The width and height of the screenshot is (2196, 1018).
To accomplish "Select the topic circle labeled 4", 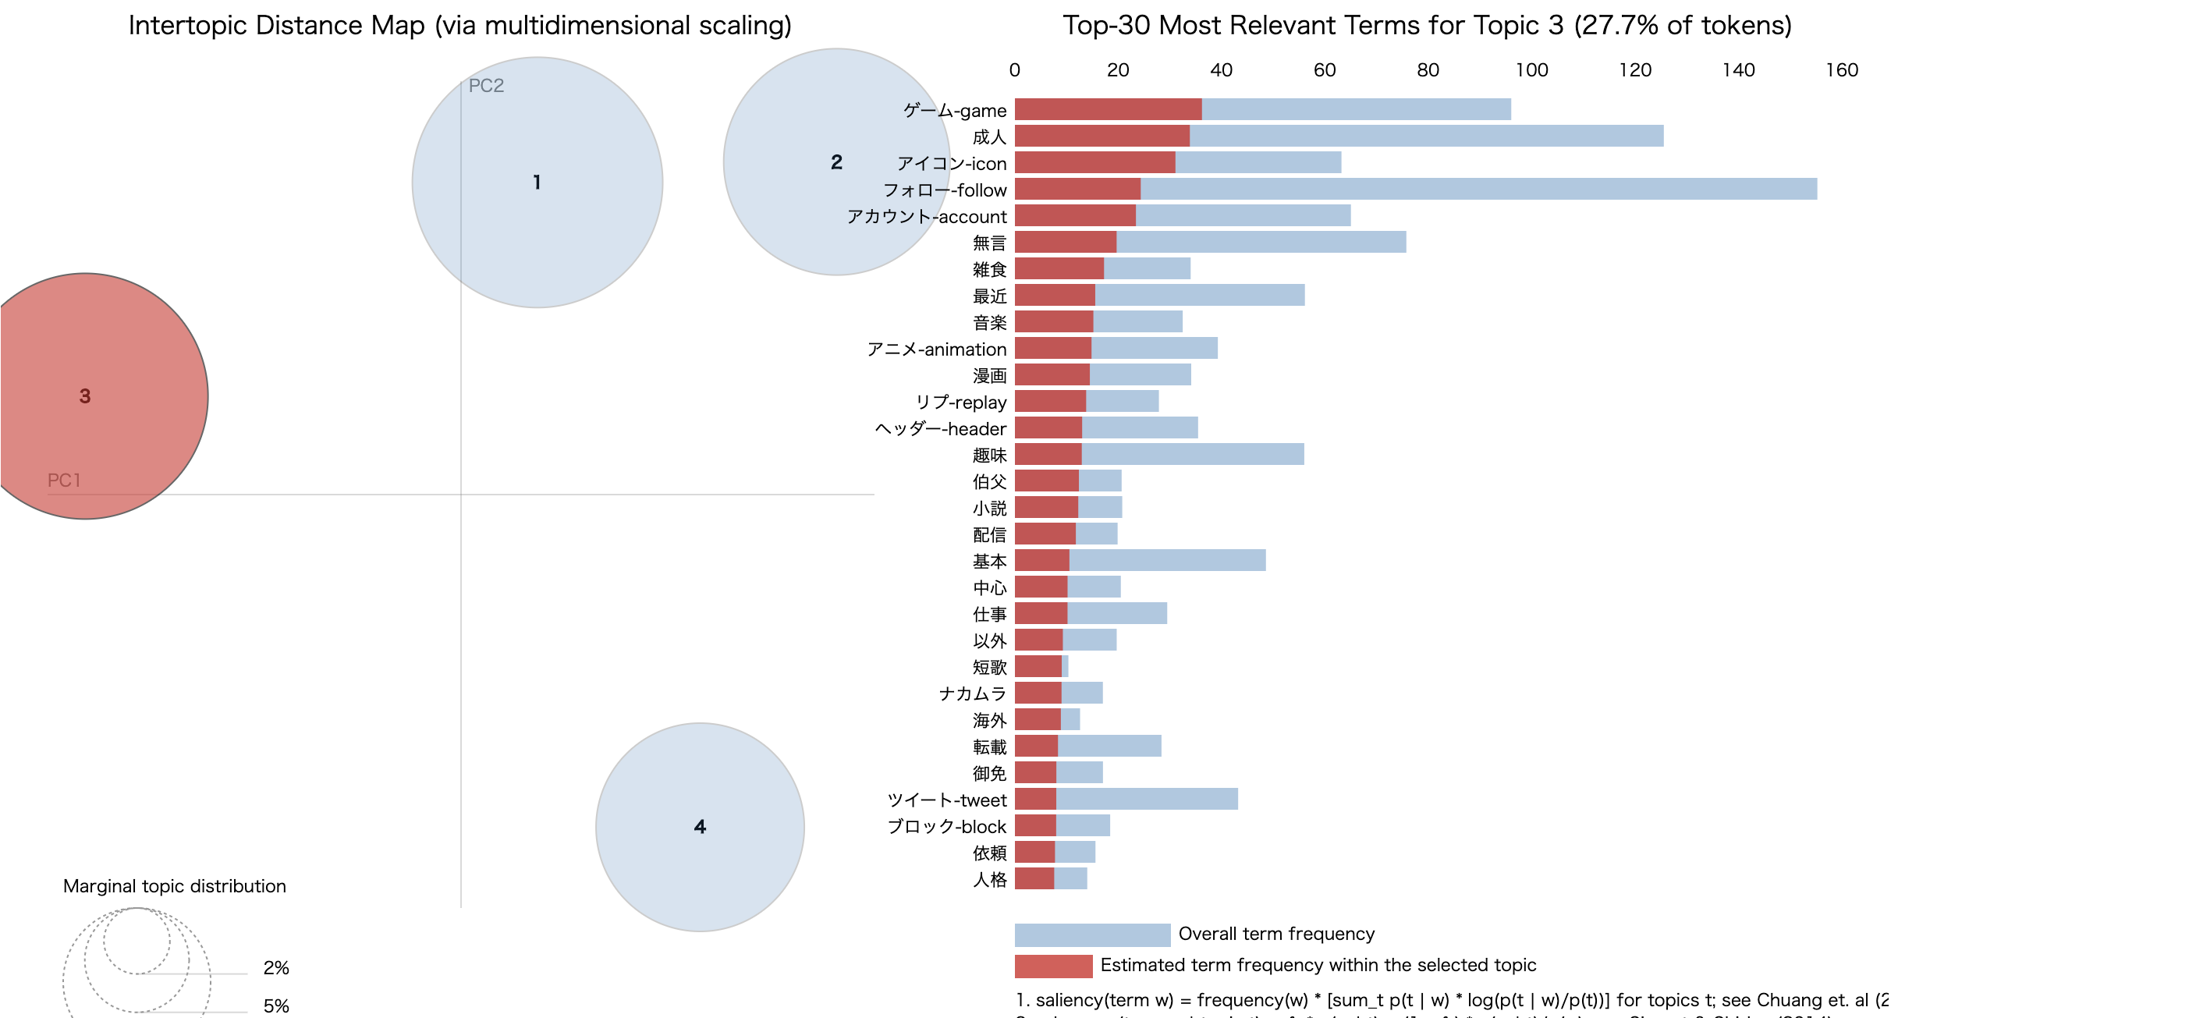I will [x=699, y=826].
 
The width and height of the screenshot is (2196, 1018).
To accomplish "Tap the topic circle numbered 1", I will [x=536, y=182].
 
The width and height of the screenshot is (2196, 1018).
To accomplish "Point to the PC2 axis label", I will [x=486, y=85].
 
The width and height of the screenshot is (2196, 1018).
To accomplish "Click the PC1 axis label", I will [x=64, y=480].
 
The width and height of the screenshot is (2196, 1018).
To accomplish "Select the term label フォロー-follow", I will [x=944, y=190].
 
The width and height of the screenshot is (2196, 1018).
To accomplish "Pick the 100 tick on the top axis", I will [x=1531, y=70].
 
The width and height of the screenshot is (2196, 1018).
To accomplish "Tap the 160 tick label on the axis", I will [x=1840, y=70].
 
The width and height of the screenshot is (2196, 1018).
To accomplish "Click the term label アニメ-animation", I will [x=936, y=349].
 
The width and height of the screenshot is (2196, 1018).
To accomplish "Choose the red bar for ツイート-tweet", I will [x=1035, y=799].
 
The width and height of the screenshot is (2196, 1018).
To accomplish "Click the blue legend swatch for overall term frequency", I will [x=1091, y=935].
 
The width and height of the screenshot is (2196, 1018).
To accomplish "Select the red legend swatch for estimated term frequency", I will [x=1053, y=966].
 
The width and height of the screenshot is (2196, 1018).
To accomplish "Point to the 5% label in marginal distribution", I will [x=275, y=1006].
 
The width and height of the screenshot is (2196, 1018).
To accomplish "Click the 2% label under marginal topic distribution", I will [x=275, y=968].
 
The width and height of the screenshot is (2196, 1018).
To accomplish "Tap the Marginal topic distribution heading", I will [x=174, y=886].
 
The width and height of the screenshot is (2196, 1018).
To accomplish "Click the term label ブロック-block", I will [x=946, y=826].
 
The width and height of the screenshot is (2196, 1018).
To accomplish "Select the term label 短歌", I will [x=989, y=667].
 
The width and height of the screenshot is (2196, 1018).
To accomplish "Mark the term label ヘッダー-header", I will [x=940, y=428].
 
